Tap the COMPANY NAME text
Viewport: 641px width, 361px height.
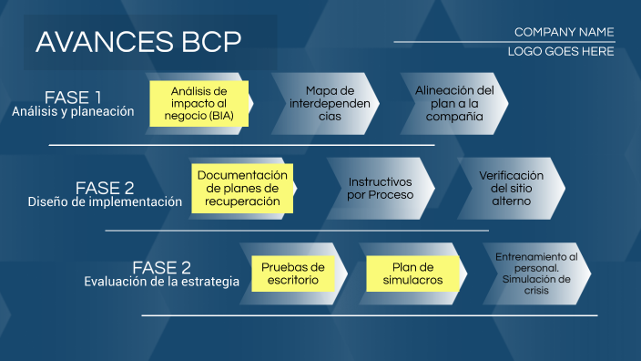[x=564, y=32]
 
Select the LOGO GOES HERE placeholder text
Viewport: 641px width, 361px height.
[x=561, y=52]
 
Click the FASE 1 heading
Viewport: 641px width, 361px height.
[x=73, y=98]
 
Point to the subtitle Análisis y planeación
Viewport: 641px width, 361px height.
[x=73, y=112]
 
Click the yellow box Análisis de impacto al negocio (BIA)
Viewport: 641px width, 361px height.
[x=198, y=104]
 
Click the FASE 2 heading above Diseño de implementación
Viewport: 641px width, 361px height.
[x=105, y=188]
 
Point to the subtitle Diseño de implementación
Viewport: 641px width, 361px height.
[x=105, y=202]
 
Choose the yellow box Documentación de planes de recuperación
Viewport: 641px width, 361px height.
[x=242, y=188]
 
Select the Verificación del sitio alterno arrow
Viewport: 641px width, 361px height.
[x=510, y=188]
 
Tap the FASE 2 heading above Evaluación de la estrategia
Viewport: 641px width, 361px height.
[x=161, y=267]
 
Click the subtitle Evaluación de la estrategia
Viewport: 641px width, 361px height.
[x=161, y=282]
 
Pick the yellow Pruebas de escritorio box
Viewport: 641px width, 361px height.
[x=293, y=273]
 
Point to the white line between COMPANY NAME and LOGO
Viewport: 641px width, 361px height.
[x=504, y=42]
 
